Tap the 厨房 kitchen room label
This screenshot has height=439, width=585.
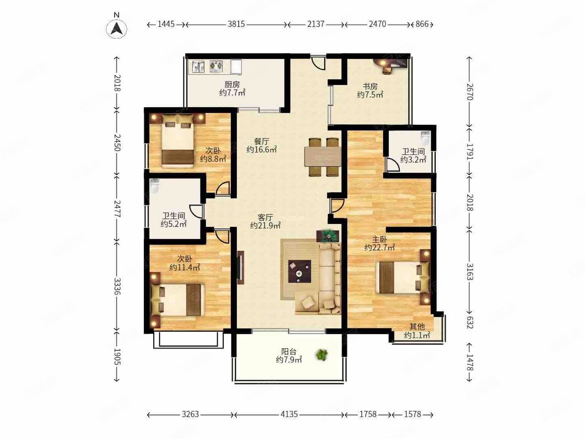click(x=232, y=85)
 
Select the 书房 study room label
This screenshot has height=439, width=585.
click(x=370, y=86)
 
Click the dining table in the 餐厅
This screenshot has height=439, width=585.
click(x=323, y=157)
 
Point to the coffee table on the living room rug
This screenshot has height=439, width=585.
click(x=300, y=271)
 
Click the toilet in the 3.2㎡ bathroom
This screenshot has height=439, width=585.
click(x=425, y=137)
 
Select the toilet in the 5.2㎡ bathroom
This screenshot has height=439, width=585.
click(x=155, y=186)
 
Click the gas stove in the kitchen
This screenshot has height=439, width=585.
click(x=216, y=66)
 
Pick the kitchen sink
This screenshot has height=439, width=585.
click(x=198, y=67)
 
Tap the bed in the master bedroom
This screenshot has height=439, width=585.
click(x=402, y=277)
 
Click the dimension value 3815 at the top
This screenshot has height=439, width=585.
click(x=236, y=24)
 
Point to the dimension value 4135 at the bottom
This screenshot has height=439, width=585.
click(x=289, y=414)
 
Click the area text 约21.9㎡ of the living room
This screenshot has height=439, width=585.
click(x=265, y=226)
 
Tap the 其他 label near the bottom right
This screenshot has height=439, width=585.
click(x=417, y=327)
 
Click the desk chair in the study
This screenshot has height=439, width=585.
click(x=387, y=69)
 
